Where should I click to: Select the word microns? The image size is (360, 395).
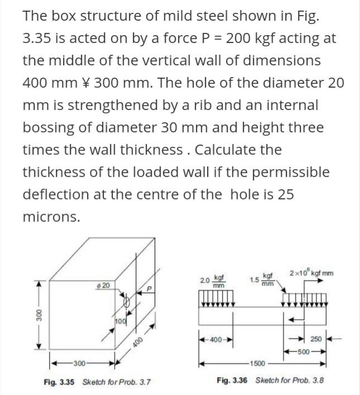coord(51,217)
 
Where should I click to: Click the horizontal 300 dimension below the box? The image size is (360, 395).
coord(79,364)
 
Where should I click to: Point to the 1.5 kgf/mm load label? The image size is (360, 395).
coord(262,279)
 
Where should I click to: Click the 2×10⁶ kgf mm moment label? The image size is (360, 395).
coord(311,273)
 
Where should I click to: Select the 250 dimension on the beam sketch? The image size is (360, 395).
coord(316,339)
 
